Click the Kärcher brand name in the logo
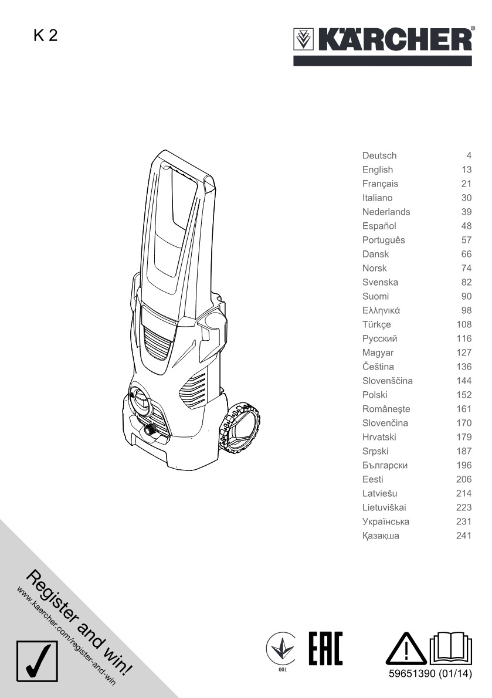pyautogui.click(x=395, y=39)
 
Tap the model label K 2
pyautogui.click(x=45, y=35)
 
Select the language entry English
pyautogui.click(x=378, y=170)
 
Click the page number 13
pyautogui.click(x=466, y=170)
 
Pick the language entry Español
pyautogui.click(x=379, y=226)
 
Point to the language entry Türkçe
pyautogui.click(x=376, y=324)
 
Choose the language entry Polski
pyautogui.click(x=375, y=395)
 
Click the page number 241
pyautogui.click(x=464, y=536)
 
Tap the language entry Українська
pyautogui.click(x=386, y=521)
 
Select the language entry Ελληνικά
pyautogui.click(x=381, y=310)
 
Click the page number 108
pyautogui.click(x=464, y=324)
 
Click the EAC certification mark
pyautogui.click(x=325, y=648)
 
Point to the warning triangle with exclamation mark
pyautogui.click(x=406, y=649)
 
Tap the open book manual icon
pyautogui.click(x=451, y=649)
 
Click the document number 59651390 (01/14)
pyautogui.click(x=430, y=673)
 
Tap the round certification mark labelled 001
pyautogui.click(x=281, y=649)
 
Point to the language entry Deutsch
pyautogui.click(x=379, y=155)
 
